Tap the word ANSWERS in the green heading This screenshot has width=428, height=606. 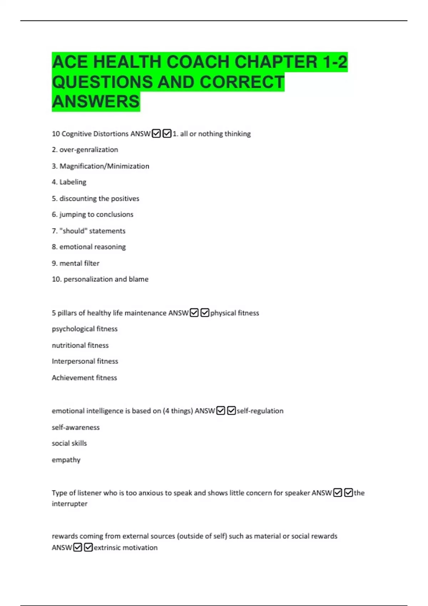click(x=96, y=102)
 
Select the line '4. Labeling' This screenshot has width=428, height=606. click(x=69, y=182)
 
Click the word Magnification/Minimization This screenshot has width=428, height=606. click(x=104, y=166)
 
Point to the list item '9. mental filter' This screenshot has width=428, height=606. click(x=75, y=263)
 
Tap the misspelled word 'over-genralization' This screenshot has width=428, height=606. click(x=88, y=150)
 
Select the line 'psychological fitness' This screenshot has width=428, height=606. click(x=85, y=329)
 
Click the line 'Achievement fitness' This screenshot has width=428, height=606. click(x=84, y=378)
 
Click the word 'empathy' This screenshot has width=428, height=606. click(x=66, y=460)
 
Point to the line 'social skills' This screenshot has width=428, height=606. click(x=69, y=443)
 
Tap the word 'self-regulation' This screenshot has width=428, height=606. click(x=260, y=411)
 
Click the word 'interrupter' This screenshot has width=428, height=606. click(x=70, y=504)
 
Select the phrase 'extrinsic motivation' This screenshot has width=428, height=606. click(x=126, y=548)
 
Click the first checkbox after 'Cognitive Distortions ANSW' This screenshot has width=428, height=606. click(x=156, y=134)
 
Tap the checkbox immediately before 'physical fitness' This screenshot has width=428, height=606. click(x=205, y=313)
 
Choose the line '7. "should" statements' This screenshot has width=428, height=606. click(x=88, y=231)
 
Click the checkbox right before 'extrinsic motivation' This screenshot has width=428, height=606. click(x=88, y=547)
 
